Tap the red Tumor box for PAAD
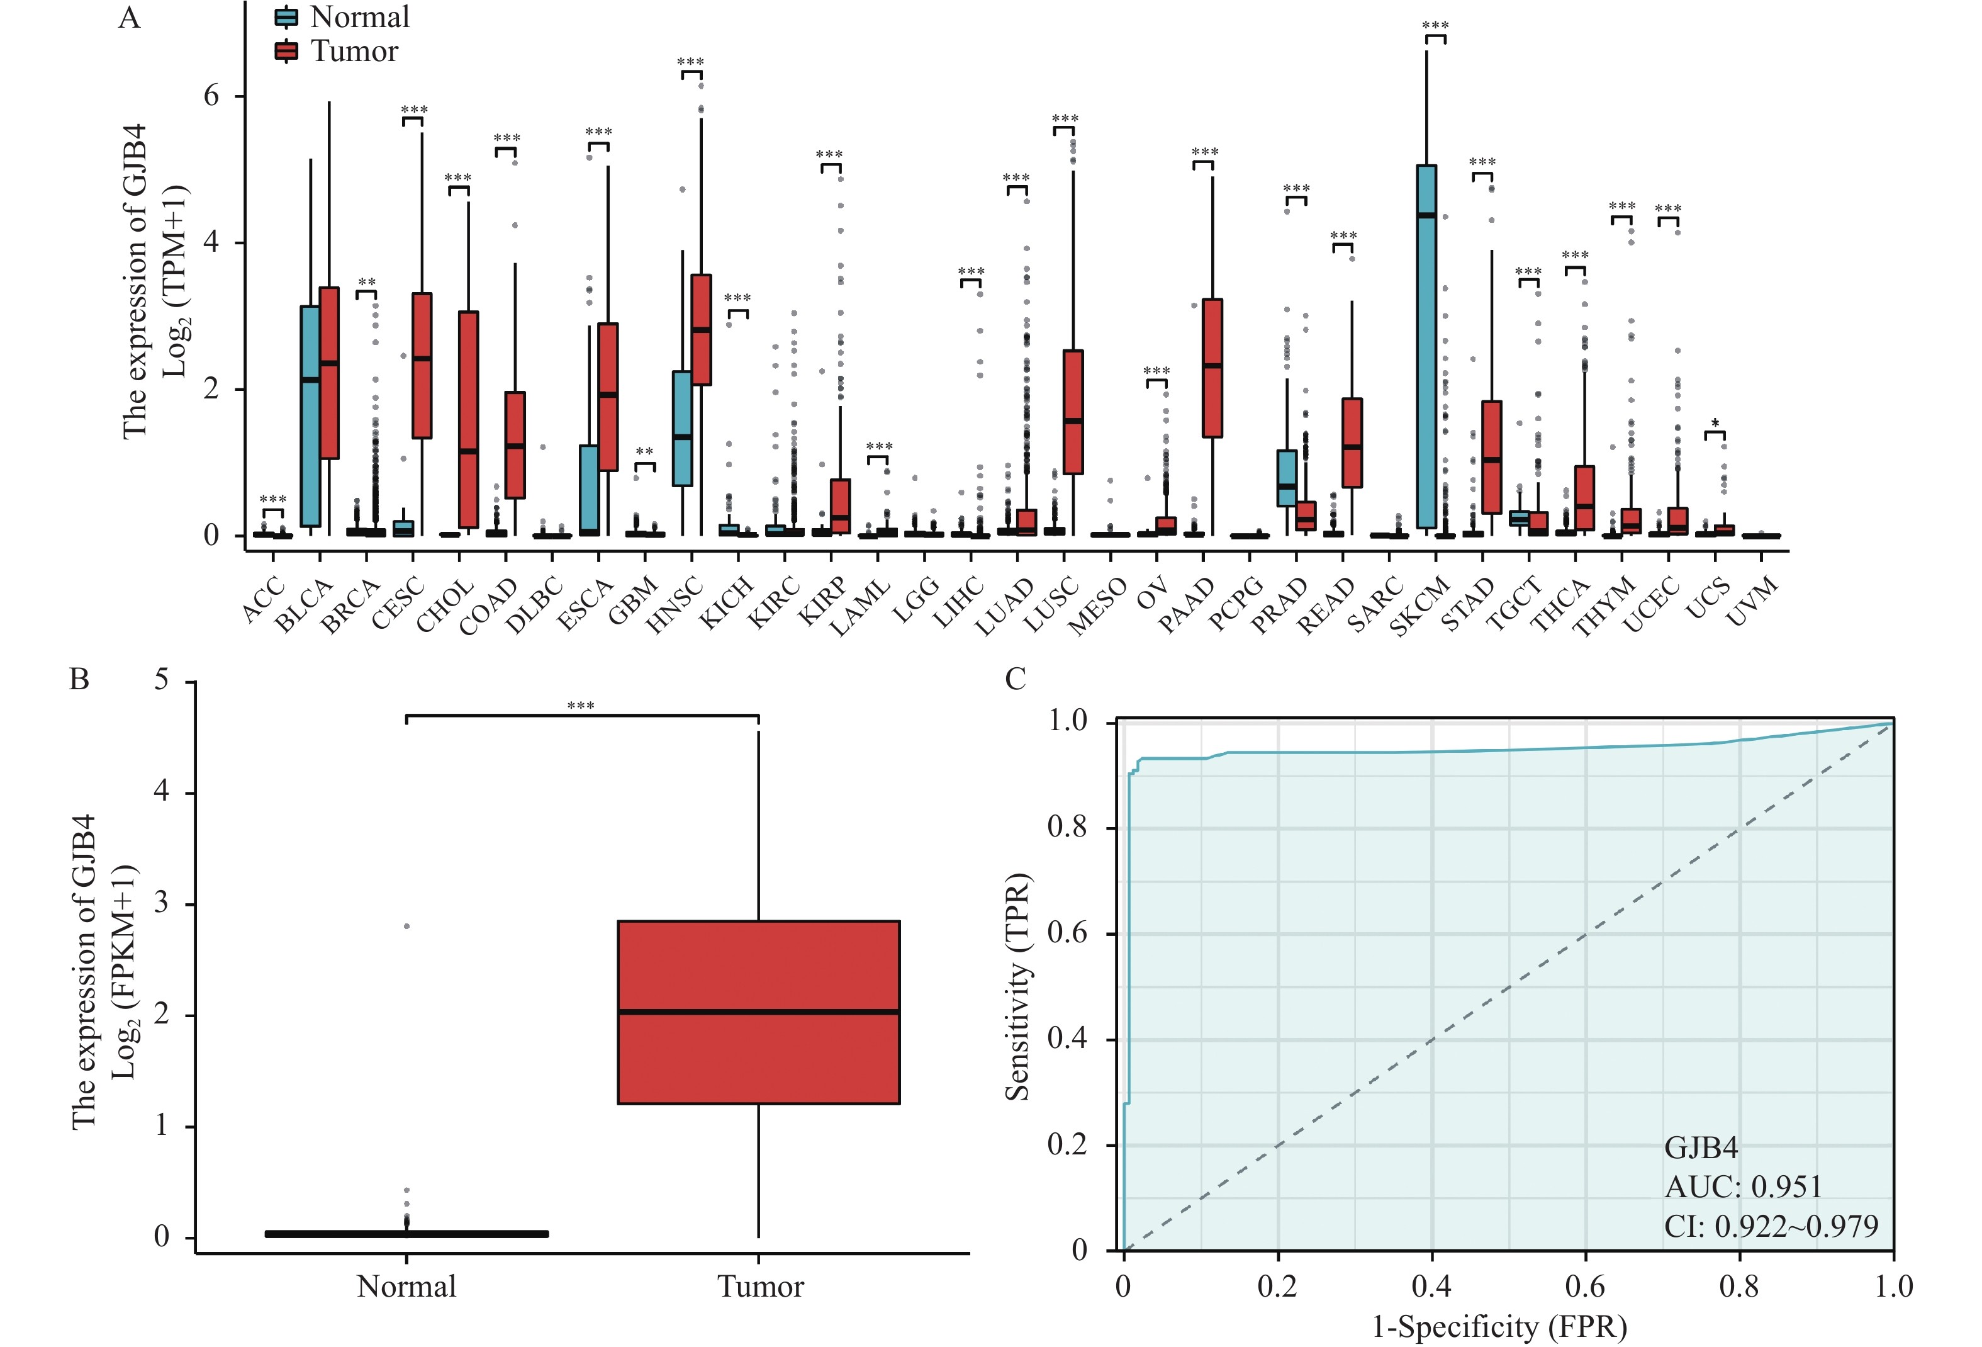1212,368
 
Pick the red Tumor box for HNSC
701,329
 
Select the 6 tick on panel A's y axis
211,96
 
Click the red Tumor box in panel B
758,1012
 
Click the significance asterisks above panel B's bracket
581,706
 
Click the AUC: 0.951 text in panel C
1743,1186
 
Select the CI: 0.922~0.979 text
1771,1226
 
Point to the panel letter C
1015,679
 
